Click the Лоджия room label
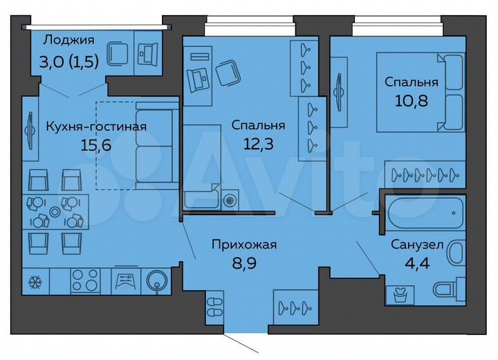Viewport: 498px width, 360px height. click(x=68, y=39)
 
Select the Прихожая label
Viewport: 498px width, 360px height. click(x=244, y=244)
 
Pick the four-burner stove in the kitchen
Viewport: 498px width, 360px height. click(x=85, y=281)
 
